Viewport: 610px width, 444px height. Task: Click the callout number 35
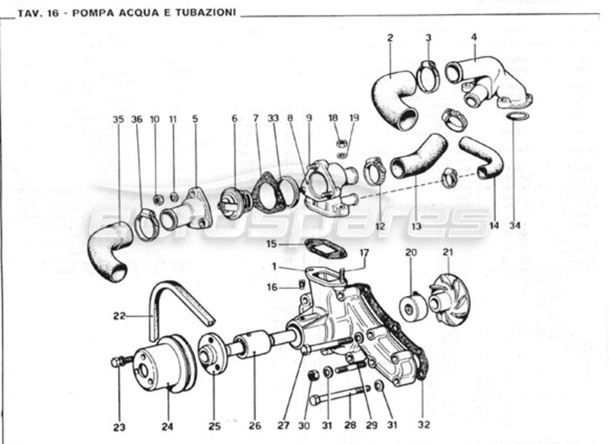tap(117, 119)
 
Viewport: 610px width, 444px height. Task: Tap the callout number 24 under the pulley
tap(167, 427)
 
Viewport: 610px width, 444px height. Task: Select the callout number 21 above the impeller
tap(448, 253)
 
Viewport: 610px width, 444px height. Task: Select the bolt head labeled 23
tap(116, 362)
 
